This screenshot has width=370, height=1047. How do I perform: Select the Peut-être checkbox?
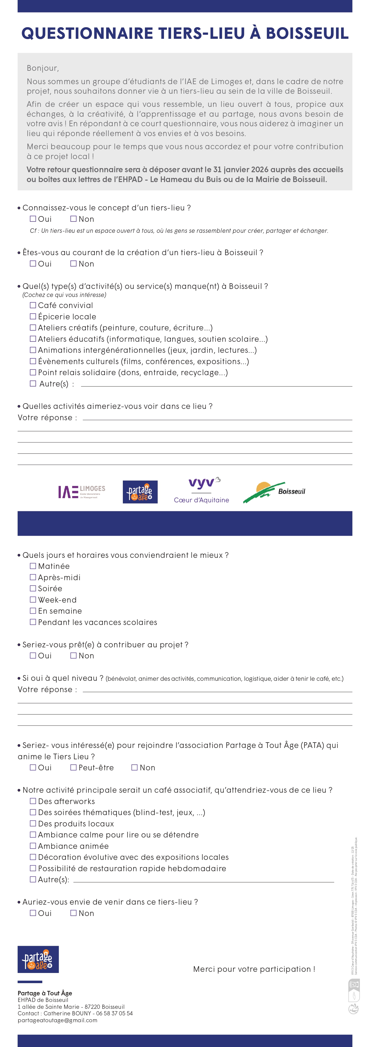74,767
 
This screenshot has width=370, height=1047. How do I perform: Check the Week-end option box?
33,600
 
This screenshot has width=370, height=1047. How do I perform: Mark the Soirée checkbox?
33,588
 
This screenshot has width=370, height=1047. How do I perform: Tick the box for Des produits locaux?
33,823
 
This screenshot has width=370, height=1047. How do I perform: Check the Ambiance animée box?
33,846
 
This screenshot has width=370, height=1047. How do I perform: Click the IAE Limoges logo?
81,492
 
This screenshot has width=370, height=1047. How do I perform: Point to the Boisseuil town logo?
274,492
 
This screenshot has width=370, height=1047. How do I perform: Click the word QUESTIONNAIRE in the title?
87,33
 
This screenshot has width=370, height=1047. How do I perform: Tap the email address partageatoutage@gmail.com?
57,1020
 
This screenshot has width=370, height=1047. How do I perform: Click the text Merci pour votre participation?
254,969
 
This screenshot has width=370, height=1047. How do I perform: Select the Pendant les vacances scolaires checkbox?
33,622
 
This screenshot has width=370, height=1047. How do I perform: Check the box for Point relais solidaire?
33,372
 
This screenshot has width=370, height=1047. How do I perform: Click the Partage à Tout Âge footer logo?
38,959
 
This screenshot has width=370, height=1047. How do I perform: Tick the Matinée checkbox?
33,566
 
